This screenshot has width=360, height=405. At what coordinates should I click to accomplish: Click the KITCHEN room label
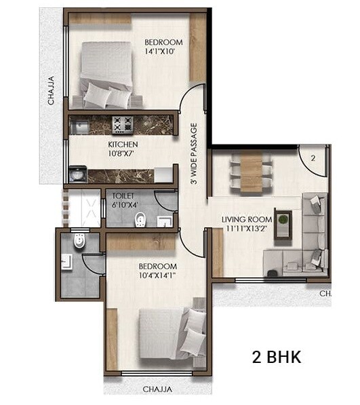123,144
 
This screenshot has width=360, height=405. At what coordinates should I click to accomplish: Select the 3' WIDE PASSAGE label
194,155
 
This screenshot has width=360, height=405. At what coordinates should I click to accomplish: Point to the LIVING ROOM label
246,219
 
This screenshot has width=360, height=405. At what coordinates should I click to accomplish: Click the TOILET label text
123,195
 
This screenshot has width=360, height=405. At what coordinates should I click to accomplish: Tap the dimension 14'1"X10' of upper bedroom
163,52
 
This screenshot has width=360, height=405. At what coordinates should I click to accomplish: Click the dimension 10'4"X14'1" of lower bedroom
157,276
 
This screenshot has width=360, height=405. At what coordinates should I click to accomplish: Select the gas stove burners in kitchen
123,124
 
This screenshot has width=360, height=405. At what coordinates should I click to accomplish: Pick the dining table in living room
250,169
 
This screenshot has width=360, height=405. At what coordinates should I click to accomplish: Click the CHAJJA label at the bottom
157,389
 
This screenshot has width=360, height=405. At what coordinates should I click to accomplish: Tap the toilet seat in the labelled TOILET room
140,219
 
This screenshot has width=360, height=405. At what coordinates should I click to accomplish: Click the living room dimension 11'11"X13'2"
246,229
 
